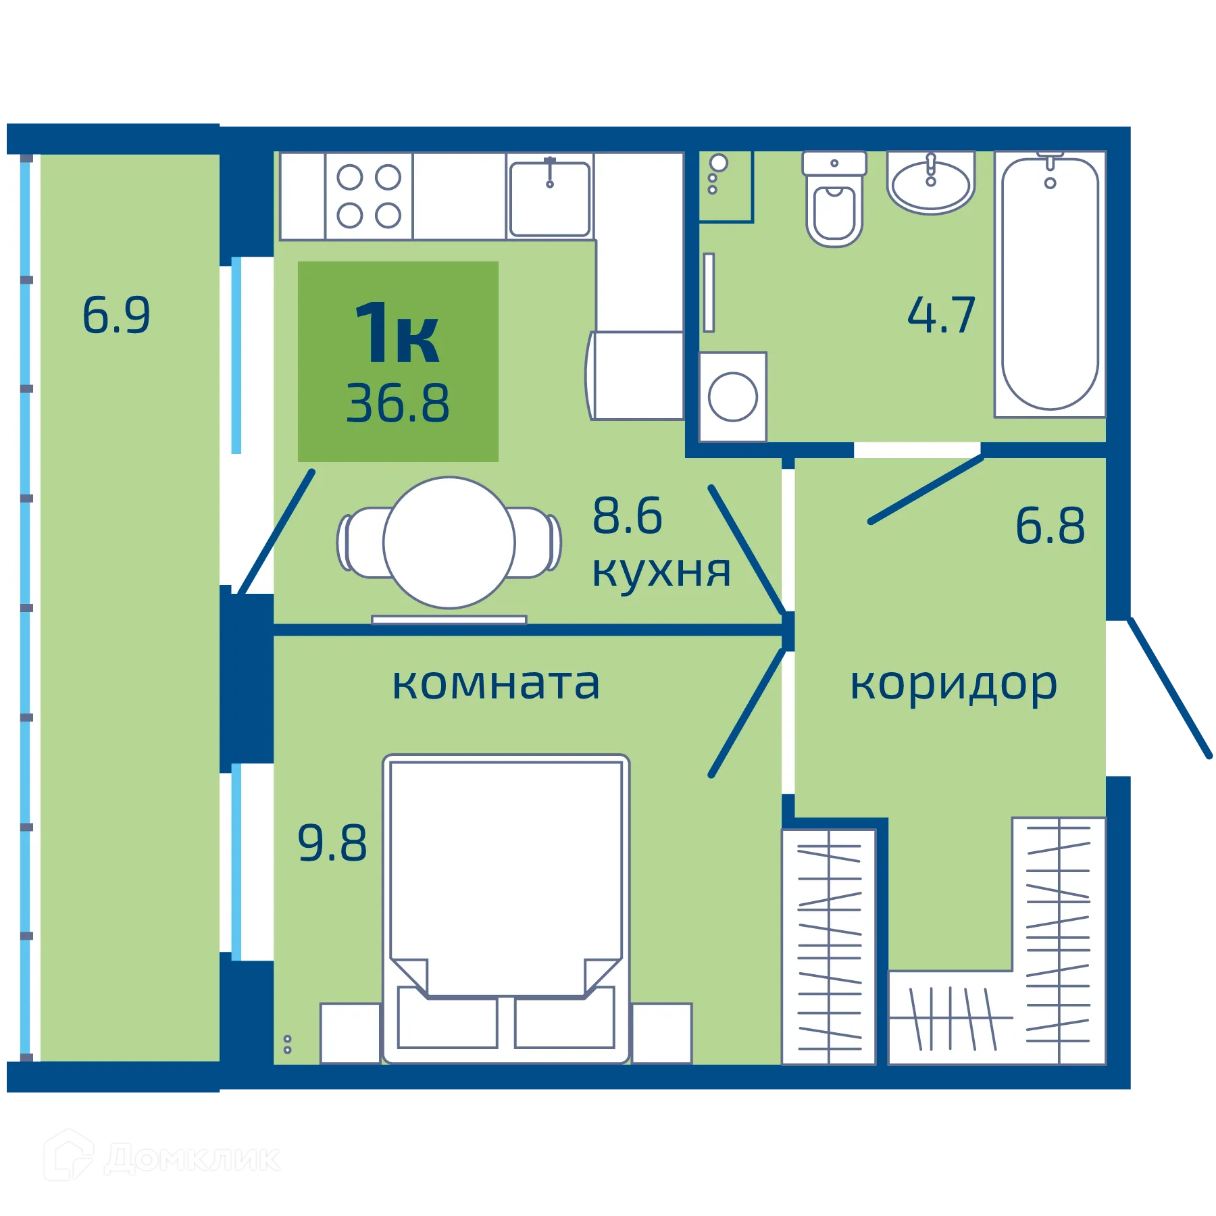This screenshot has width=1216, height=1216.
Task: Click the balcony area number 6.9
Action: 116,315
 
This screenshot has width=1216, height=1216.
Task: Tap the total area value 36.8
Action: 397,404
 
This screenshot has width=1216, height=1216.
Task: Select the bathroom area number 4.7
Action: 941,315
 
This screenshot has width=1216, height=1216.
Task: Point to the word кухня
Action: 661,572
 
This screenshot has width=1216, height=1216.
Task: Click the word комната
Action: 496,684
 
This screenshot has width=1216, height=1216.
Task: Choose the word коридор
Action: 953,685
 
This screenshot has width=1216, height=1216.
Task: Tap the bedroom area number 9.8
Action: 332,843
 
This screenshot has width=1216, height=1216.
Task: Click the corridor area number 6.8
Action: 1050,526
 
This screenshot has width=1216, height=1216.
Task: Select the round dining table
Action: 449,542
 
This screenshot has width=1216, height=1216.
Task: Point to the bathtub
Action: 1050,284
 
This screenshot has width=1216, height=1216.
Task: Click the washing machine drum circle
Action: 732,397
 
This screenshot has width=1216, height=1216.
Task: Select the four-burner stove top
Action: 369,197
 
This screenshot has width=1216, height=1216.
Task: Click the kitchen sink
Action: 549,198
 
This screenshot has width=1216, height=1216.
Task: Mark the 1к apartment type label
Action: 397,334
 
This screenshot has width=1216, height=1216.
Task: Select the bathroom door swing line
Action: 926,489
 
